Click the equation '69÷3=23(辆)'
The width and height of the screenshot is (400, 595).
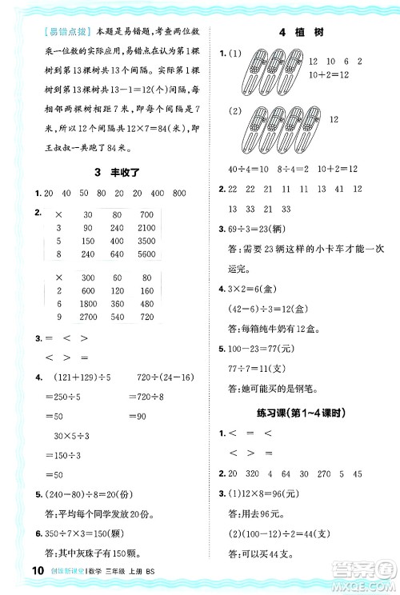point(252,228)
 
